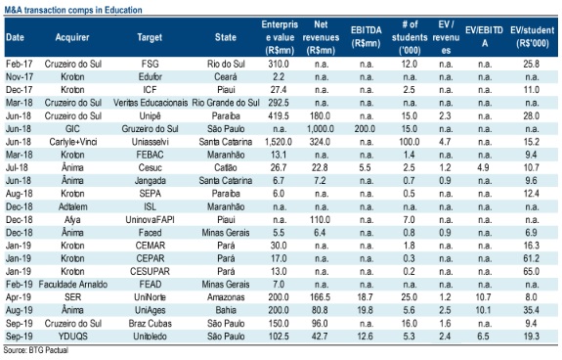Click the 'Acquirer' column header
(x=72, y=37)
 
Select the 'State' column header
(x=226, y=37)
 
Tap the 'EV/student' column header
(x=533, y=36)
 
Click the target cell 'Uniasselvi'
(x=150, y=142)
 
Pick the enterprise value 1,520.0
(x=279, y=142)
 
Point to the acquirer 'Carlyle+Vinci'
(x=73, y=142)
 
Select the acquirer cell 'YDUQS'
(x=72, y=337)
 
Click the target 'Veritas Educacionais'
(x=151, y=103)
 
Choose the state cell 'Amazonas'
(x=226, y=297)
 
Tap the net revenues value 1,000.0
(x=321, y=129)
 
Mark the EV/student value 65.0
(x=531, y=271)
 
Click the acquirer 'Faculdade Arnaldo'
(x=73, y=285)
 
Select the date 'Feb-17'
(x=19, y=65)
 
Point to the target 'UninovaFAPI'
(x=150, y=220)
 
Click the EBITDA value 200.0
(x=365, y=129)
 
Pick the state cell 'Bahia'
(x=226, y=310)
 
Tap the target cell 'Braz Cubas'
(x=151, y=324)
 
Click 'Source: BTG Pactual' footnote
(x=36, y=350)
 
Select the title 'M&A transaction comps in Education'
(x=73, y=10)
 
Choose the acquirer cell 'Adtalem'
(x=72, y=206)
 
